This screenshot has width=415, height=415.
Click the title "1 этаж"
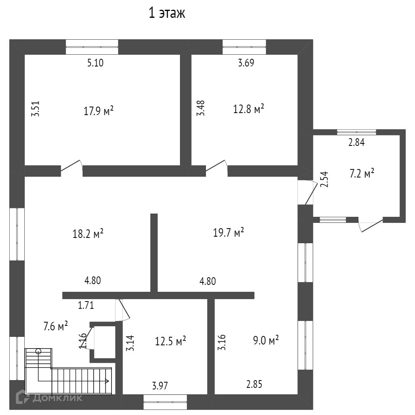(x=167, y=14)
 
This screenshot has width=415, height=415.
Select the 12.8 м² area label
(x=248, y=109)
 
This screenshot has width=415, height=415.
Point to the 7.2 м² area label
(x=362, y=174)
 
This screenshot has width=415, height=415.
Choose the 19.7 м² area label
(x=229, y=232)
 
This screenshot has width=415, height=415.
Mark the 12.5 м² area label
(x=171, y=341)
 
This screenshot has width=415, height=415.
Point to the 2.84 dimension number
(x=357, y=142)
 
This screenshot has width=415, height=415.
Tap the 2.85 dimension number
(x=254, y=384)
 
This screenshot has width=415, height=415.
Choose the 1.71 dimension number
(x=86, y=305)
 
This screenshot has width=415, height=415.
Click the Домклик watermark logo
(x=49, y=398)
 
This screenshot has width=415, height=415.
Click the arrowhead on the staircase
(x=107, y=381)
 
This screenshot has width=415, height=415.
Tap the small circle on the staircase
(x=39, y=351)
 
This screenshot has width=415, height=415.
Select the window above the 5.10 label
(x=92, y=47)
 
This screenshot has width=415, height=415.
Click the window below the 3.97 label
(x=165, y=402)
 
